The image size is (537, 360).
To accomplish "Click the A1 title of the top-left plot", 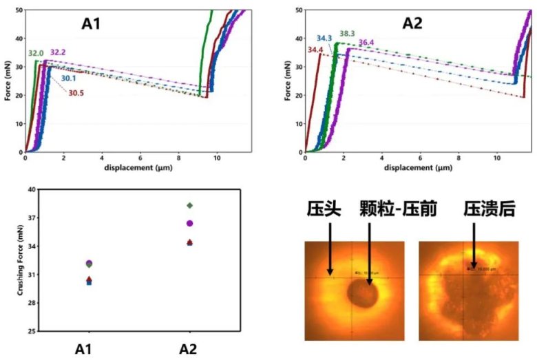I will click(92, 24).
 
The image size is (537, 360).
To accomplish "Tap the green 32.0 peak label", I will click(36, 53).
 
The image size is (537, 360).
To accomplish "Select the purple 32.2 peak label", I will click(59, 52).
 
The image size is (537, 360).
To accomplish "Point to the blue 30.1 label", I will click(69, 78).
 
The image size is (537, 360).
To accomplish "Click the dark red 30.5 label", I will click(76, 93).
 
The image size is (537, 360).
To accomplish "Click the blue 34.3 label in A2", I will click(325, 38).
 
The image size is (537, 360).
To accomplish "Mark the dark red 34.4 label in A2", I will click(315, 49).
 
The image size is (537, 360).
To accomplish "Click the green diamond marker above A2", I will click(189, 205).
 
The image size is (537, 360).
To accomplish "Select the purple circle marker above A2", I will click(189, 223).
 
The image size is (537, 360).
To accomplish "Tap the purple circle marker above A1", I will click(89, 263).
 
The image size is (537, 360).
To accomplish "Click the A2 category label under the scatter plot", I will click(189, 348).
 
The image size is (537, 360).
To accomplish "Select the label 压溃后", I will click(489, 209).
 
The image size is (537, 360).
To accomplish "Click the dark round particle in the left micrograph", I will click(363, 295).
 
